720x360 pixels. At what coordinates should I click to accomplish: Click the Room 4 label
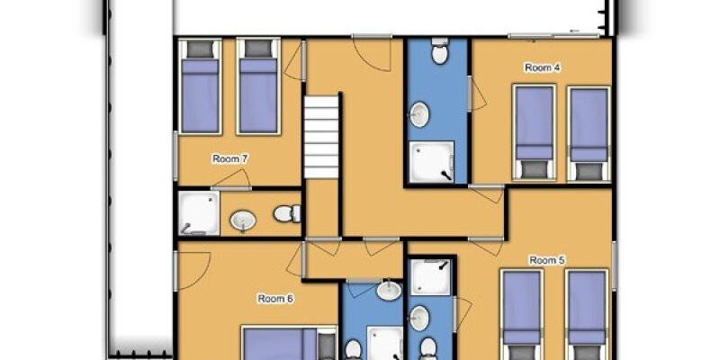pos(543,68)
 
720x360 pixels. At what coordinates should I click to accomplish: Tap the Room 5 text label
pos(547,260)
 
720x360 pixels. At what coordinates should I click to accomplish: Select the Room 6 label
pos(275,299)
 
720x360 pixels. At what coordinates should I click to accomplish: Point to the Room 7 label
pos(230,159)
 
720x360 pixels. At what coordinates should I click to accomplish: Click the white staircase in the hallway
pos(321,137)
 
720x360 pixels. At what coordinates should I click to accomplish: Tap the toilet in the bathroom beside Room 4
pos(440,50)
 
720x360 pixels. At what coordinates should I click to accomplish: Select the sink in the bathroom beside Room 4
pos(419,114)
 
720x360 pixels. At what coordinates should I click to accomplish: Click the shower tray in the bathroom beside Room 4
pos(431,162)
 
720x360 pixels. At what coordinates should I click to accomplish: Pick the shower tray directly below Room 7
pos(199,213)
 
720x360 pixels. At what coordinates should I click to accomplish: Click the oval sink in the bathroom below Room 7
pos(243,220)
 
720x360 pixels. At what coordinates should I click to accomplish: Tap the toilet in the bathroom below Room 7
pos(287,213)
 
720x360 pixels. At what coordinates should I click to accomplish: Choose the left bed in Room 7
pos(200,86)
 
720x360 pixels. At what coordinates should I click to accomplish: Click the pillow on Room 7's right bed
pos(258,49)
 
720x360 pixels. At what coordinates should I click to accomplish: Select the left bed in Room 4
pos(535,132)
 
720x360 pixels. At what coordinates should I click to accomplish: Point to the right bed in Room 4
pos(589,133)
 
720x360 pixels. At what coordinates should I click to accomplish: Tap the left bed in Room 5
pos(522,314)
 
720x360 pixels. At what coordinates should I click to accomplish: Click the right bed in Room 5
pos(587,314)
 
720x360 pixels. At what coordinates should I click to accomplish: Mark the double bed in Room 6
pos(289,343)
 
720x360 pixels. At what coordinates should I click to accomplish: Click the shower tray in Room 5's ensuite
pos(430,277)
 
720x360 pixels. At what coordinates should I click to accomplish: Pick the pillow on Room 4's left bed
pos(534,169)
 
